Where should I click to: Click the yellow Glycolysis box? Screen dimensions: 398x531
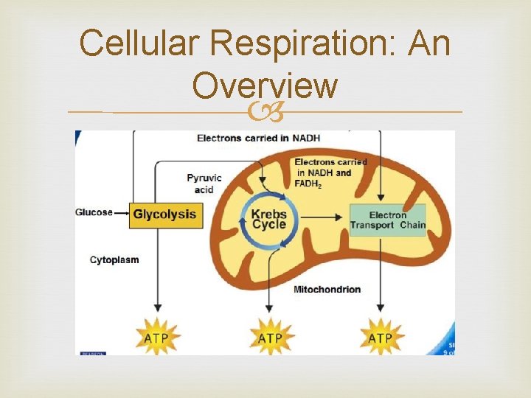click(164, 214)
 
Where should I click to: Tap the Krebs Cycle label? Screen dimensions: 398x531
click(268, 219)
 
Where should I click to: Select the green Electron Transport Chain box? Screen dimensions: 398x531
click(387, 220)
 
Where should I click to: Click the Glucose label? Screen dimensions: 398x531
click(94, 213)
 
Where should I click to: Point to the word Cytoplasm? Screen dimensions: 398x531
click(114, 259)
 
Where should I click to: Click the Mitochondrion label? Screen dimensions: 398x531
click(327, 289)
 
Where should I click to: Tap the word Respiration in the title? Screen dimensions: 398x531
click(302, 43)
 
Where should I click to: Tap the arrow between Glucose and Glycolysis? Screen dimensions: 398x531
click(122, 214)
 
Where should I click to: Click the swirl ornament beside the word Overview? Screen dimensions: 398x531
click(265, 112)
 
